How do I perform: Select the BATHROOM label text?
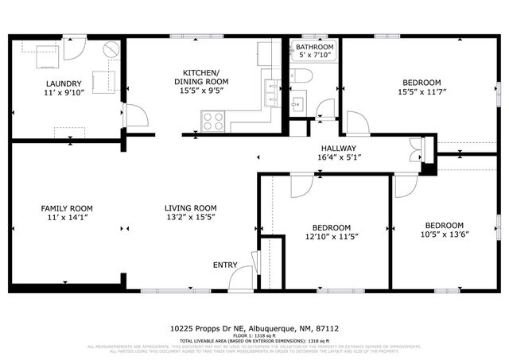(x=314, y=47)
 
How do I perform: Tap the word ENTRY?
(x=224, y=265)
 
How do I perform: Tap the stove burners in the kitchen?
(x=212, y=122)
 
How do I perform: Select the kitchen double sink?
(x=272, y=94)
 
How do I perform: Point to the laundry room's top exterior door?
(x=75, y=46)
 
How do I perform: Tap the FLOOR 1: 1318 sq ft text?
(x=254, y=335)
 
